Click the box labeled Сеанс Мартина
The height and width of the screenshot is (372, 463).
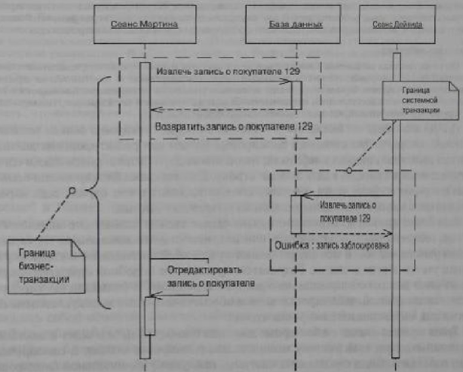(x=144, y=25)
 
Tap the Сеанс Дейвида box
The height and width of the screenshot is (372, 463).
(x=394, y=25)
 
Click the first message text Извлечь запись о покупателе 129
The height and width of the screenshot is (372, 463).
(x=228, y=72)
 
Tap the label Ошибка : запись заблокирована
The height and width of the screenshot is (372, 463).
(x=332, y=245)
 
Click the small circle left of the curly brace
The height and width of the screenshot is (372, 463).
(x=72, y=190)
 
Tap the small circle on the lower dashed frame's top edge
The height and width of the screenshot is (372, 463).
(x=347, y=171)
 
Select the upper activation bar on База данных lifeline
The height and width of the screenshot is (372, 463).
(x=296, y=95)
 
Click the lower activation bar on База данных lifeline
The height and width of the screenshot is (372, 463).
(x=296, y=214)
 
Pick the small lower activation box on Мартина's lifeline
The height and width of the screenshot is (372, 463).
(x=149, y=316)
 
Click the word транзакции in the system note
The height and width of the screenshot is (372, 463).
(x=421, y=111)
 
